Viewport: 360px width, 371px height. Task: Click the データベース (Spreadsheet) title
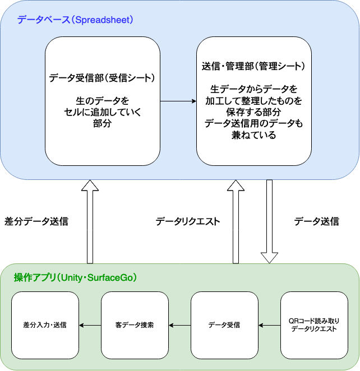pos(75,20)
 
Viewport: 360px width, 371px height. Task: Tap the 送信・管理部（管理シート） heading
pos(253,66)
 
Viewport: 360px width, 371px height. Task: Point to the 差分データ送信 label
pos(36,221)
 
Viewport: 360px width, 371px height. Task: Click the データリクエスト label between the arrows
pos(188,221)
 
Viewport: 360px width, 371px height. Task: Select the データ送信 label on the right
pos(317,221)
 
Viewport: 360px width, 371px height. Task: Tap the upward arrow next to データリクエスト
pos(236,221)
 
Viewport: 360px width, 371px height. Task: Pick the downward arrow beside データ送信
pos(269,221)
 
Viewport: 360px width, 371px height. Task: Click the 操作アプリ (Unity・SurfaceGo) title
pos(76,277)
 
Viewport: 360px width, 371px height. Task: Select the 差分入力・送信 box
pos(45,325)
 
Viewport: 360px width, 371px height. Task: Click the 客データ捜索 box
pos(135,325)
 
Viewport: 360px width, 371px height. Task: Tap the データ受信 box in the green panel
pos(224,325)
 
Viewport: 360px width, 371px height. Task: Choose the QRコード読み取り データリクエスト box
pos(314,325)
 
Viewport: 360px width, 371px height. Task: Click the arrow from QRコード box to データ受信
pos(269,325)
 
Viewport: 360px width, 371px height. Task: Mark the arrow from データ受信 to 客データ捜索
pos(179,325)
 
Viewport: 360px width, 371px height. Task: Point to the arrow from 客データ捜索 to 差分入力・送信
pos(90,325)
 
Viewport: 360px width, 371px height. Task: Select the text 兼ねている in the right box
pos(253,135)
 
